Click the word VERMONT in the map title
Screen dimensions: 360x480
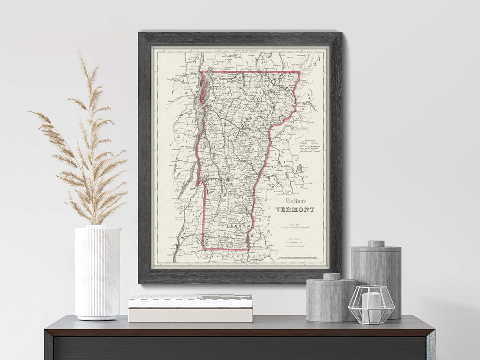click(295, 210)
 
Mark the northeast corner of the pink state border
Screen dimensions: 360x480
click(299, 72)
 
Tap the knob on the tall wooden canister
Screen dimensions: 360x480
click(375, 244)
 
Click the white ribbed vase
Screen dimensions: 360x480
click(97, 272)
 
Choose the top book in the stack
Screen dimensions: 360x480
click(190, 301)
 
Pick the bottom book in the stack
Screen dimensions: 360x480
click(190, 315)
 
